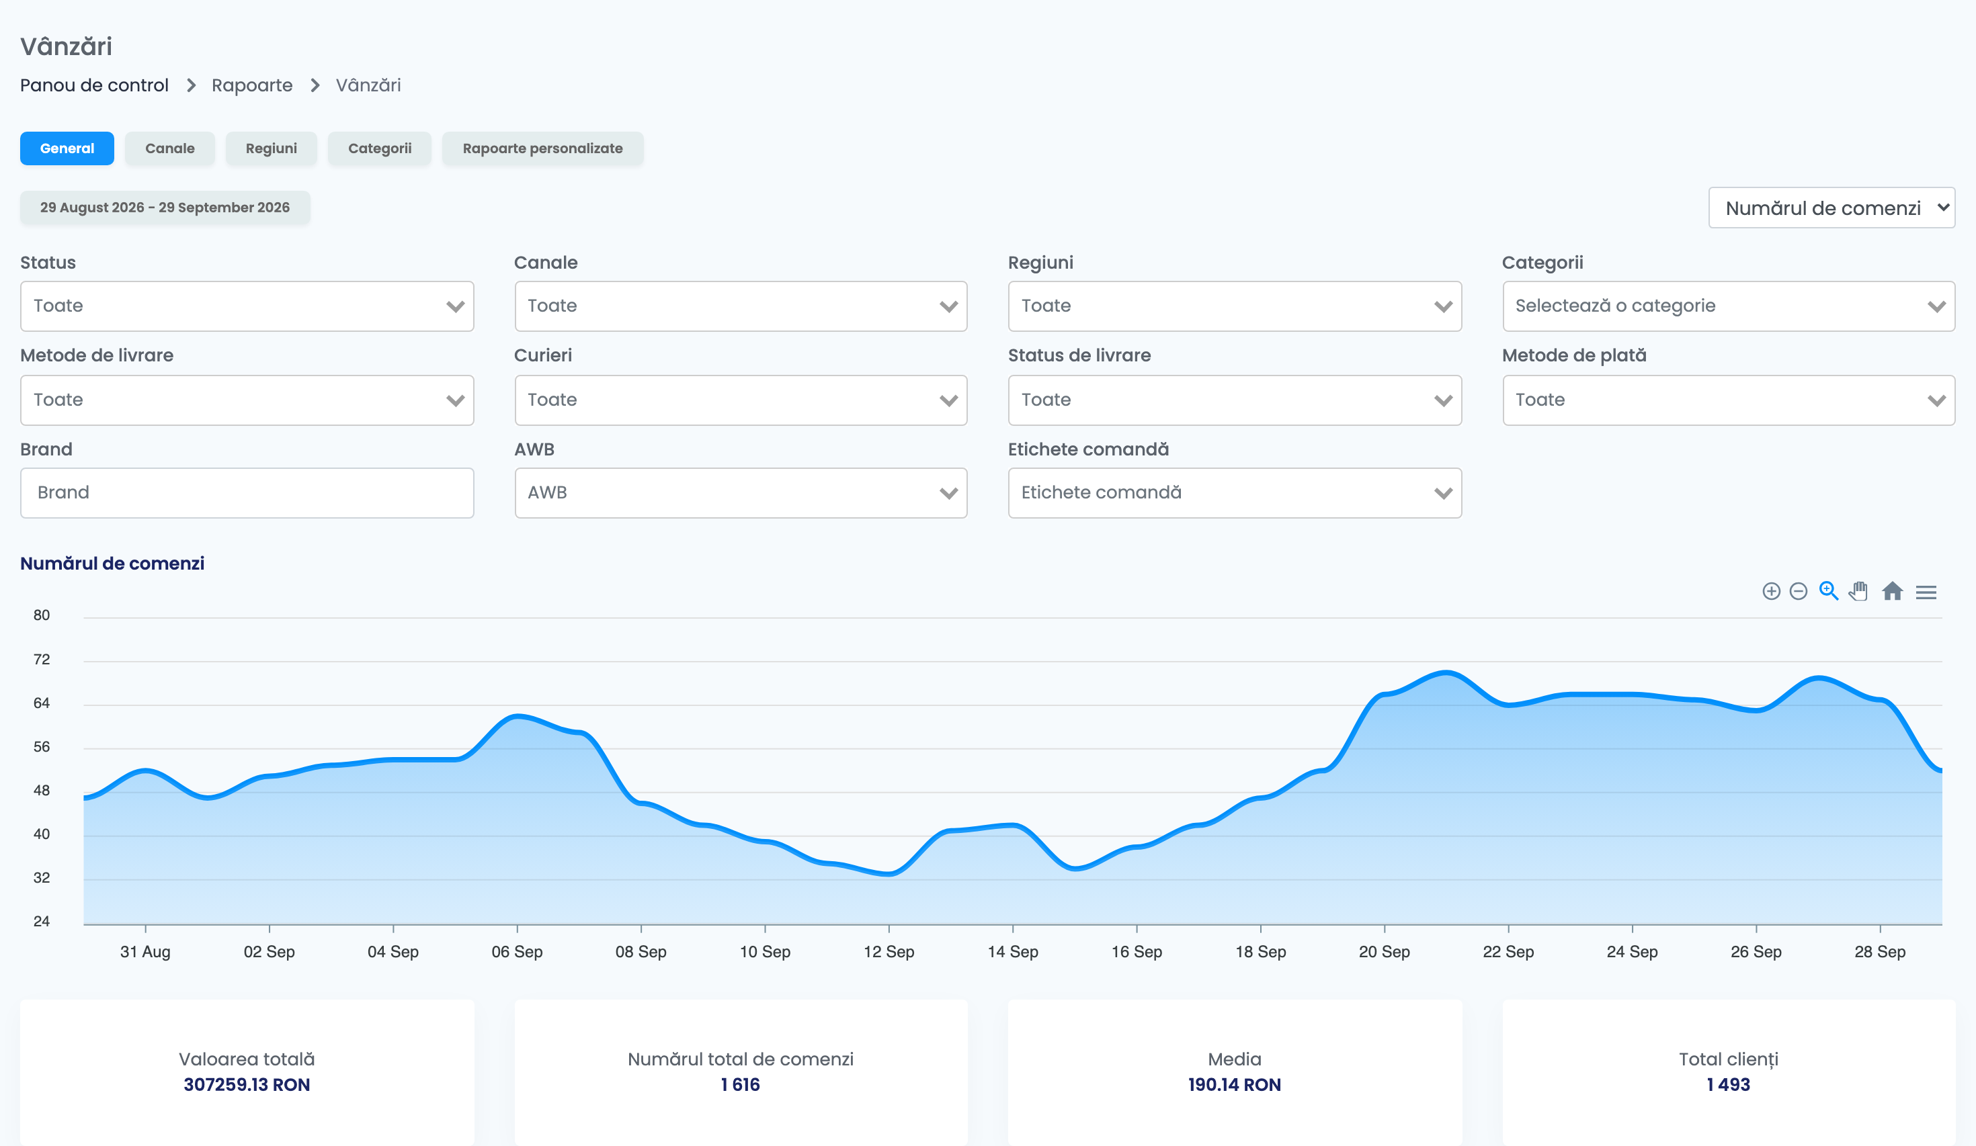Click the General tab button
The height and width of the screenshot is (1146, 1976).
point(67,148)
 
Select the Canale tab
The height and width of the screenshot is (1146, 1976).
point(169,148)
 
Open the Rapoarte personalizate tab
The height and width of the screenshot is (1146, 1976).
point(542,148)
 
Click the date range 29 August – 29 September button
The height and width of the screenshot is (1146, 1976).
point(165,207)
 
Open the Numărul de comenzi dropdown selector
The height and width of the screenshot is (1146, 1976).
point(1831,208)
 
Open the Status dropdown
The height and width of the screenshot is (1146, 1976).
point(247,306)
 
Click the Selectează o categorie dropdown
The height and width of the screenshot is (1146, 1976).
point(1728,306)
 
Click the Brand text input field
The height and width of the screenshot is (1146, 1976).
point(247,492)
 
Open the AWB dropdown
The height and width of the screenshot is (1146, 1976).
point(740,492)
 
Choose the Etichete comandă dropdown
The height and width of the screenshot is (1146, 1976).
point(1234,492)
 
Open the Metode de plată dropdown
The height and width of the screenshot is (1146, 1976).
point(1728,400)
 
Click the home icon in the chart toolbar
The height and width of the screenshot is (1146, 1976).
point(1892,591)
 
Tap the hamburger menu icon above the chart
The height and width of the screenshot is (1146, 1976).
point(1926,592)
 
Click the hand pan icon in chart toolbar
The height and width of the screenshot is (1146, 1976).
point(1858,591)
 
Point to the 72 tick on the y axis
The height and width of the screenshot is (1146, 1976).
point(42,659)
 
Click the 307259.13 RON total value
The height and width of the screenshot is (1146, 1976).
point(247,1084)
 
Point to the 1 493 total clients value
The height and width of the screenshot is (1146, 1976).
point(1728,1084)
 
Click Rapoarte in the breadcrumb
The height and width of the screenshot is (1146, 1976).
point(251,85)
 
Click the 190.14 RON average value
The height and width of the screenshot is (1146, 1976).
point(1234,1084)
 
